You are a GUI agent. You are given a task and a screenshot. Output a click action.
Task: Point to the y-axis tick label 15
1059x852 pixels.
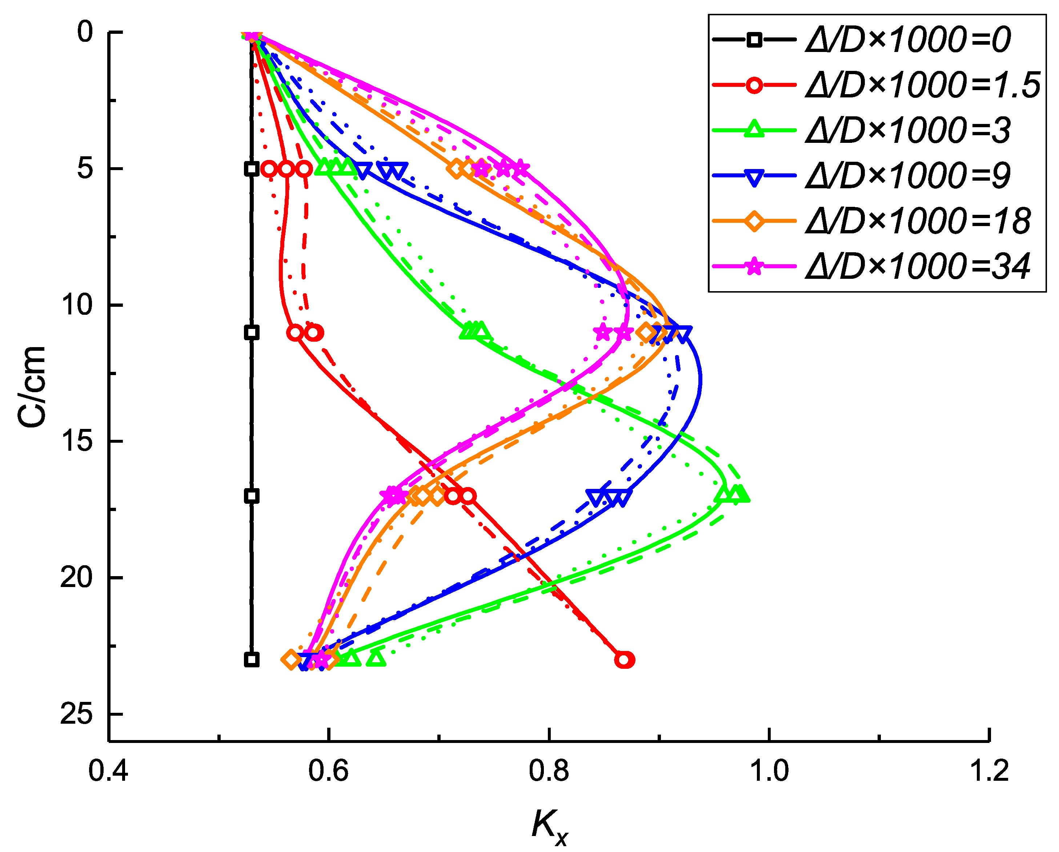pyautogui.click(x=76, y=441)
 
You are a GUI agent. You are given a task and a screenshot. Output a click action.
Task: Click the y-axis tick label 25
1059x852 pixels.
pyautogui.click(x=76, y=713)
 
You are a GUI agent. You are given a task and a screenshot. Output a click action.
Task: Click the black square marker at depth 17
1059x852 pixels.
pyautogui.click(x=252, y=496)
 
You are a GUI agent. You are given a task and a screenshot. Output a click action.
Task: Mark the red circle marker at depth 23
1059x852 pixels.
pyautogui.click(x=624, y=659)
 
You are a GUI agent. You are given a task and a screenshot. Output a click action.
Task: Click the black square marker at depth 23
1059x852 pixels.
pyautogui.click(x=252, y=659)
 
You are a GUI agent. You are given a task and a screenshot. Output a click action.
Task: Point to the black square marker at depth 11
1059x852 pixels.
pyautogui.click(x=252, y=333)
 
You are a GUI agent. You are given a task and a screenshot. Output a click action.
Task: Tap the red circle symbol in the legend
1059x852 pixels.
pyautogui.click(x=754, y=85)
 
